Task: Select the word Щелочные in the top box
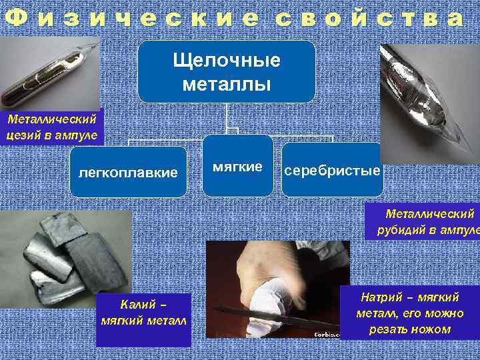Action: pos(227,61)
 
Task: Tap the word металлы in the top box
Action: pos(227,84)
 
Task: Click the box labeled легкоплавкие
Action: pos(128,173)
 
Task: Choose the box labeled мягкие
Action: pos(237,166)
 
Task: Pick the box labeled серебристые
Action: pos(332,171)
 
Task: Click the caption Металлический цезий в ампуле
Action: pos(52,128)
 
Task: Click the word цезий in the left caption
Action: pos(23,136)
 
